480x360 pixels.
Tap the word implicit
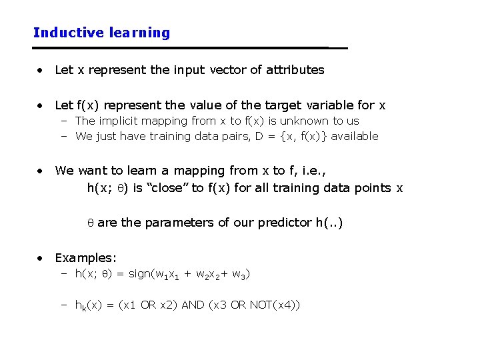coord(121,121)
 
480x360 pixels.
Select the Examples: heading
coord(86,258)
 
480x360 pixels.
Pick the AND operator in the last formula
coord(193,305)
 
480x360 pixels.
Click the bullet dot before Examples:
coord(41,258)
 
